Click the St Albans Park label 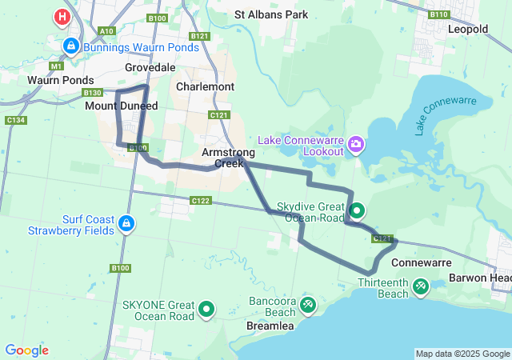coord(271,14)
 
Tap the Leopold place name coord(468,29)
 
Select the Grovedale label coord(150,68)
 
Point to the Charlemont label coord(205,86)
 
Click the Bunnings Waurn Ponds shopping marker coord(71,47)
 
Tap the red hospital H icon coord(62,16)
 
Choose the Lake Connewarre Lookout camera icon coord(356,146)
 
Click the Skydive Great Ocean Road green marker coord(357,211)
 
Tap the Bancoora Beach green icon coord(308,304)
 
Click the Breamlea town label coord(270,326)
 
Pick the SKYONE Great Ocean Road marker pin coord(206,308)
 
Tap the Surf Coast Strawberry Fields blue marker coord(126,223)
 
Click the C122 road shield coord(201,200)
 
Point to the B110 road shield coord(438,14)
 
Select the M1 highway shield coord(56,66)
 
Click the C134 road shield coord(15,120)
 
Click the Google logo coord(26,350)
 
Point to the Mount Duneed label coord(122,106)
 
